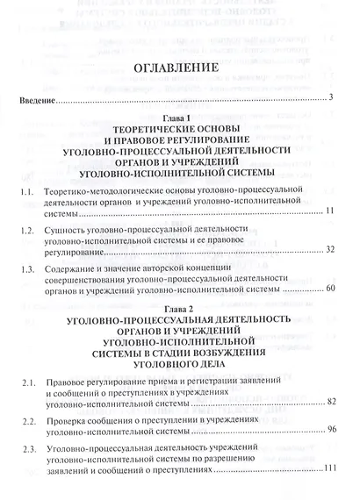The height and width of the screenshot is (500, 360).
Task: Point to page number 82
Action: click(330, 402)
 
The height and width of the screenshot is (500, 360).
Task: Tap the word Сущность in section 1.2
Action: click(66, 227)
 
